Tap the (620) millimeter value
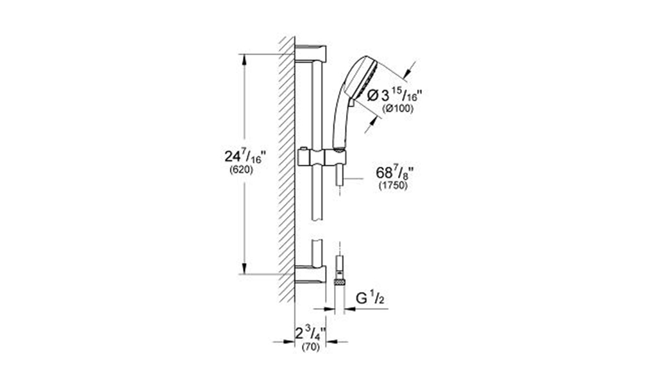(x=241, y=169)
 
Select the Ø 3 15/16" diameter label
(x=395, y=96)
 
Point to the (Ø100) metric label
(x=398, y=108)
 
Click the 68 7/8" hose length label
(x=394, y=172)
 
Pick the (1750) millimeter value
(x=393, y=185)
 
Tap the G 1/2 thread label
(x=369, y=299)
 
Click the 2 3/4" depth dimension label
(x=310, y=333)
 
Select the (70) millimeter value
(x=311, y=347)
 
